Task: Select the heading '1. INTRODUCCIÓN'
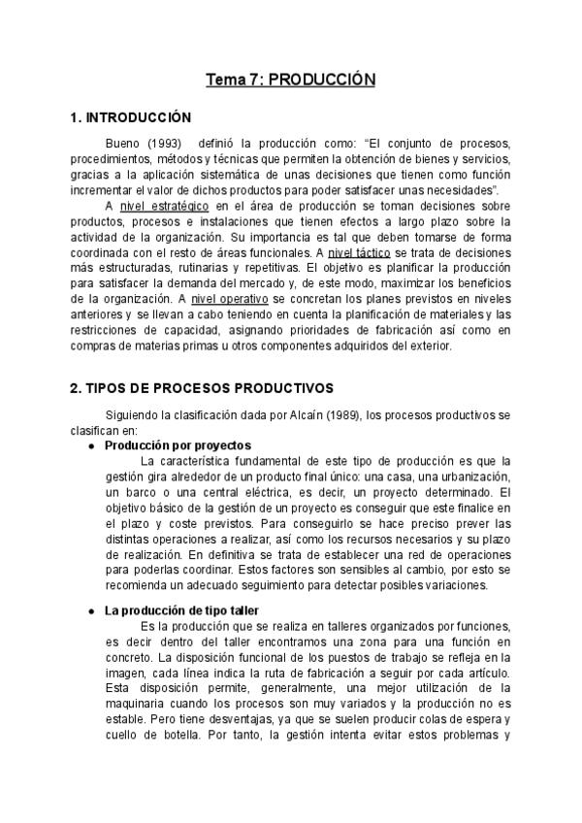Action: coord(132,118)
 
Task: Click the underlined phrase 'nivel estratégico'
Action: coord(158,206)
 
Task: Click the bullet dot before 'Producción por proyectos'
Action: coord(90,445)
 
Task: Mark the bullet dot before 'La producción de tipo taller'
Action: coord(90,610)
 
